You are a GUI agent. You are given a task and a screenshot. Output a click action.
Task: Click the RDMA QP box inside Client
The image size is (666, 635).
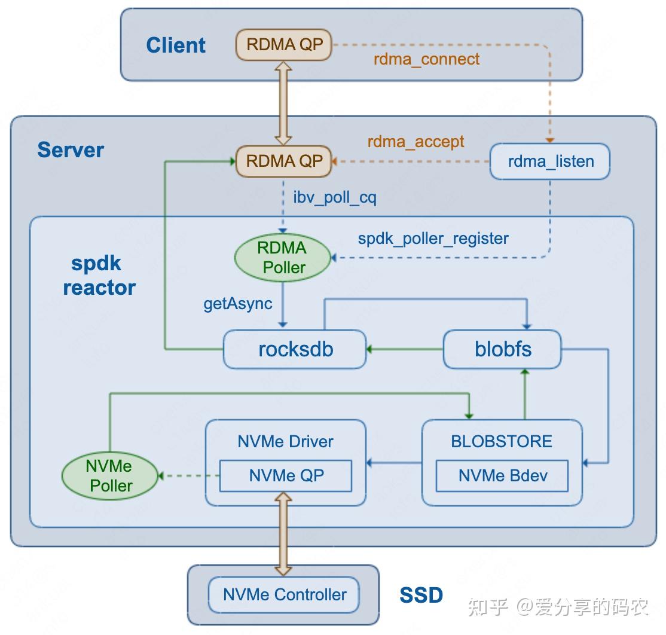pos(284,45)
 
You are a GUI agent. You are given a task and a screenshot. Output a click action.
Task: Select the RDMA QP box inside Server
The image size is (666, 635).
pos(284,161)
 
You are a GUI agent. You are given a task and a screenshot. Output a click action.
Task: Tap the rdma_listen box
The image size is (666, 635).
pos(550,161)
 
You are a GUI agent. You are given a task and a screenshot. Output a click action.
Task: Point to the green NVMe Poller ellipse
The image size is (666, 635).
pos(111,476)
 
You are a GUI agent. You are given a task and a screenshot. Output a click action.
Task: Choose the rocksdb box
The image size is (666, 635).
pos(295,349)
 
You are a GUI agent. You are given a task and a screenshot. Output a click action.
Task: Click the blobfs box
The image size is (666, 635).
pos(502,349)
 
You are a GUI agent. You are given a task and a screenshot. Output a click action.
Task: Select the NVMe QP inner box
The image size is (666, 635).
pos(286,476)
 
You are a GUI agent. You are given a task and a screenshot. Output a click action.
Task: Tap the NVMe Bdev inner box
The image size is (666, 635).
pos(502,476)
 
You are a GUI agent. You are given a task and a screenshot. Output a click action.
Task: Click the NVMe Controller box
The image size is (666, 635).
pos(284,594)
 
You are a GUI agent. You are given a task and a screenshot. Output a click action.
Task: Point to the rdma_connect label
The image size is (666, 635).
pos(426,59)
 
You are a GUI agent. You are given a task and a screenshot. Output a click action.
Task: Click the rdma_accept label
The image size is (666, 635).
pos(416,142)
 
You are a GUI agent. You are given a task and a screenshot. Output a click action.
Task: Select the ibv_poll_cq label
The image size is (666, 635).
pos(335,198)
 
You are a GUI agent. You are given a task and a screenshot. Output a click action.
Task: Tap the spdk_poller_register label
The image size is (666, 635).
pos(433,239)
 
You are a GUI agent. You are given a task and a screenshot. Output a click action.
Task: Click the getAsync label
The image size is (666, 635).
pos(238,304)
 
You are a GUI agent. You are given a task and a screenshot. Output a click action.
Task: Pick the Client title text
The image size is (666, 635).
pos(176,45)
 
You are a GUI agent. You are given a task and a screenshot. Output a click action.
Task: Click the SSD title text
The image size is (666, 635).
pos(421,595)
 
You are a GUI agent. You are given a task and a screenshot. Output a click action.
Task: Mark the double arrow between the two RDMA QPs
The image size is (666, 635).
pos(284,102)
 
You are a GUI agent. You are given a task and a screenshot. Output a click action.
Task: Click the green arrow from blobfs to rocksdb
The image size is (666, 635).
pos(404,349)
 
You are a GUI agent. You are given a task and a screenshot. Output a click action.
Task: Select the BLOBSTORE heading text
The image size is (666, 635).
pos(502,442)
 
